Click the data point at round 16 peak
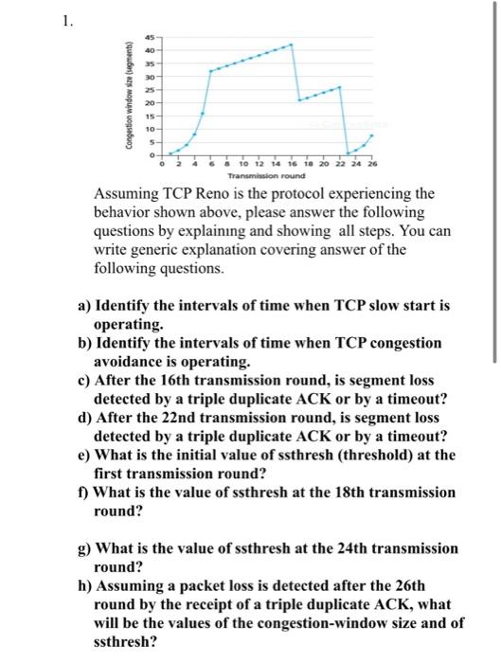(292, 44)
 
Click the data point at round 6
(208, 71)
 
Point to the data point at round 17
(299, 99)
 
